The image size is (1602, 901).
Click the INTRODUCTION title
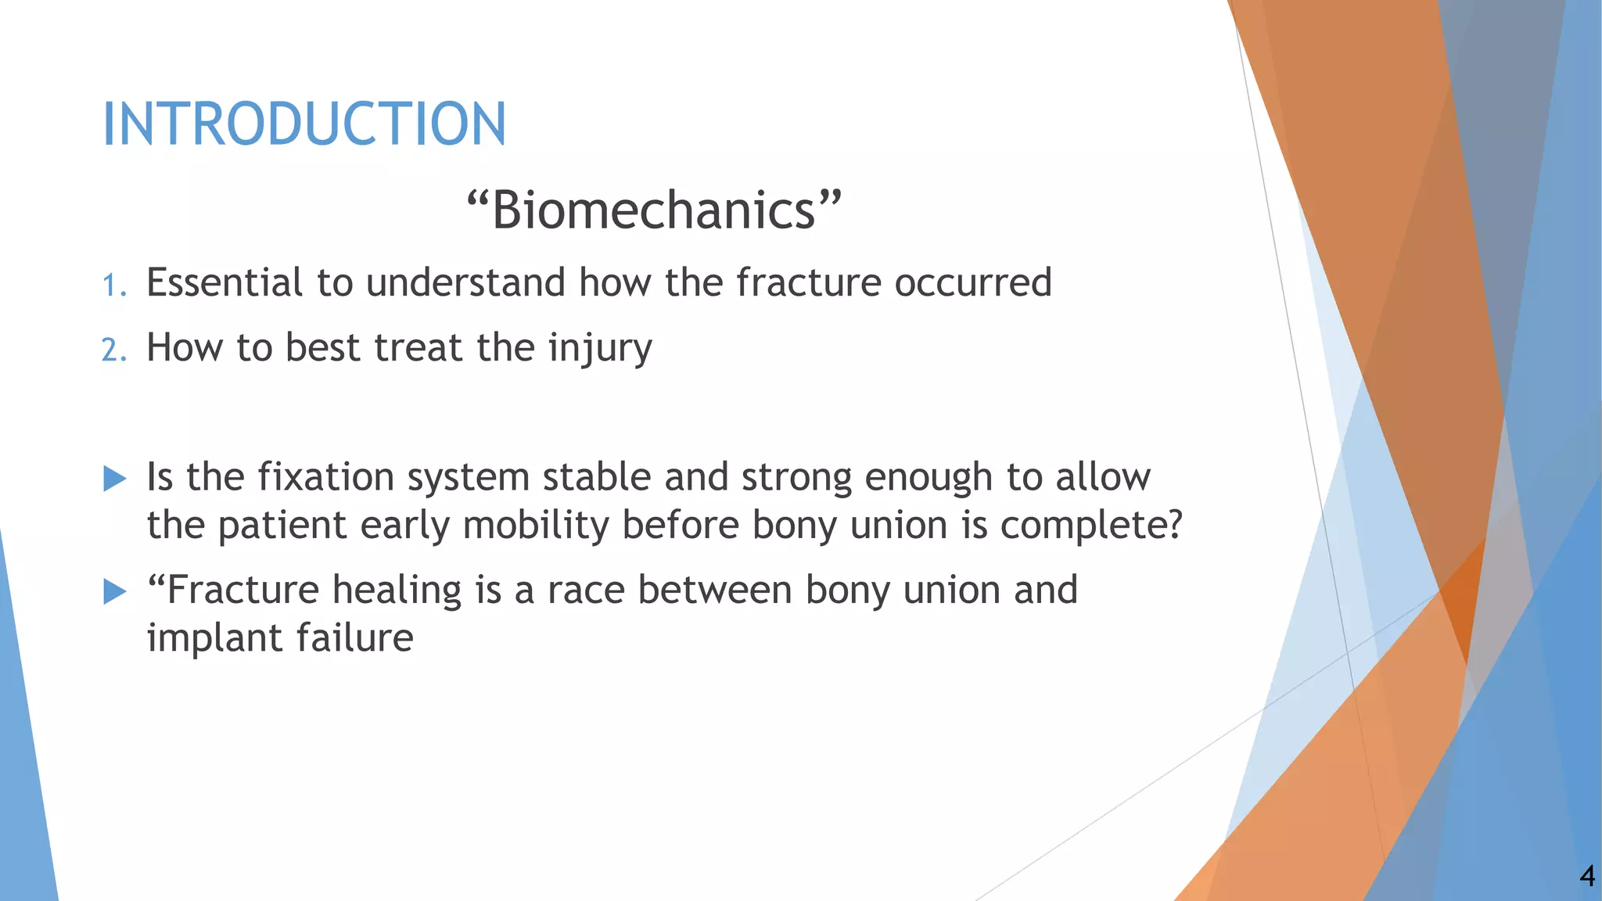point(304,124)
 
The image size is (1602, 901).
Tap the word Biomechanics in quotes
point(653,210)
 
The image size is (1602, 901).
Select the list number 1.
point(113,285)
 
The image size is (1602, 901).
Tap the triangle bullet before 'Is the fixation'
point(115,479)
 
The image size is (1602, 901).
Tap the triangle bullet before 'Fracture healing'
point(115,591)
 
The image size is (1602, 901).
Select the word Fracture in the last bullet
point(235,590)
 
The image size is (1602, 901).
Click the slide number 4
point(1586,876)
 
